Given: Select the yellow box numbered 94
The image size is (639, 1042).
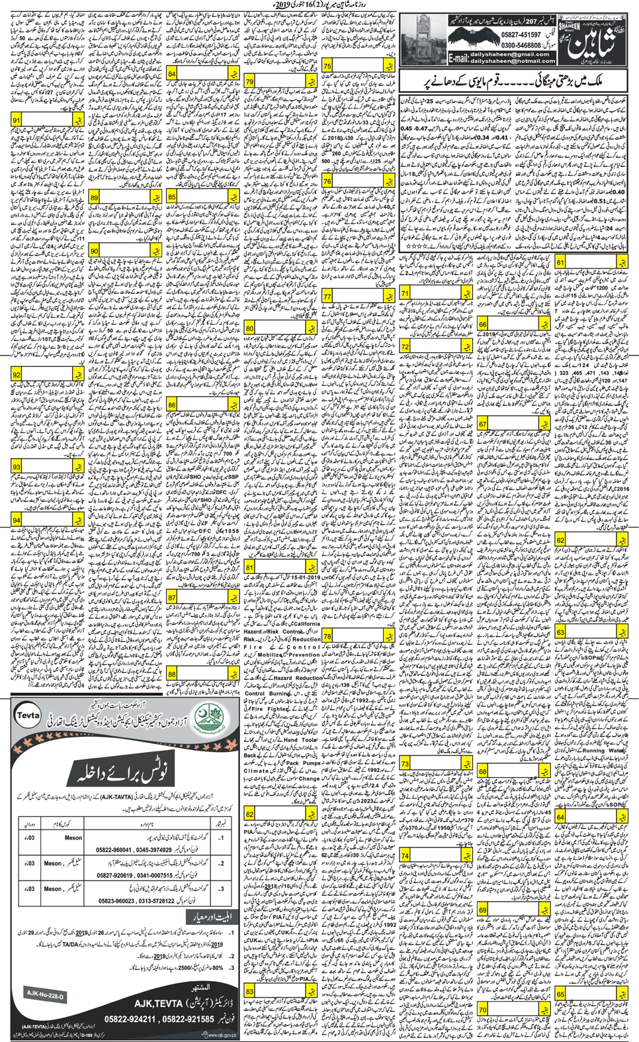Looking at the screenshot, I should click(17, 521).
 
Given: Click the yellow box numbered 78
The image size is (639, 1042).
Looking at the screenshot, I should click(327, 636).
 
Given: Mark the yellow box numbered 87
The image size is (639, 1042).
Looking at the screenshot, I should click(172, 598).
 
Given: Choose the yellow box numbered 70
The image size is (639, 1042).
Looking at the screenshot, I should click(483, 1010).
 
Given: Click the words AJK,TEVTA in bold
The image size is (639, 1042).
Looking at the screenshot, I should click(163, 1004).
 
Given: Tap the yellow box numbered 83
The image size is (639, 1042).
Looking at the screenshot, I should click(249, 991).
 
